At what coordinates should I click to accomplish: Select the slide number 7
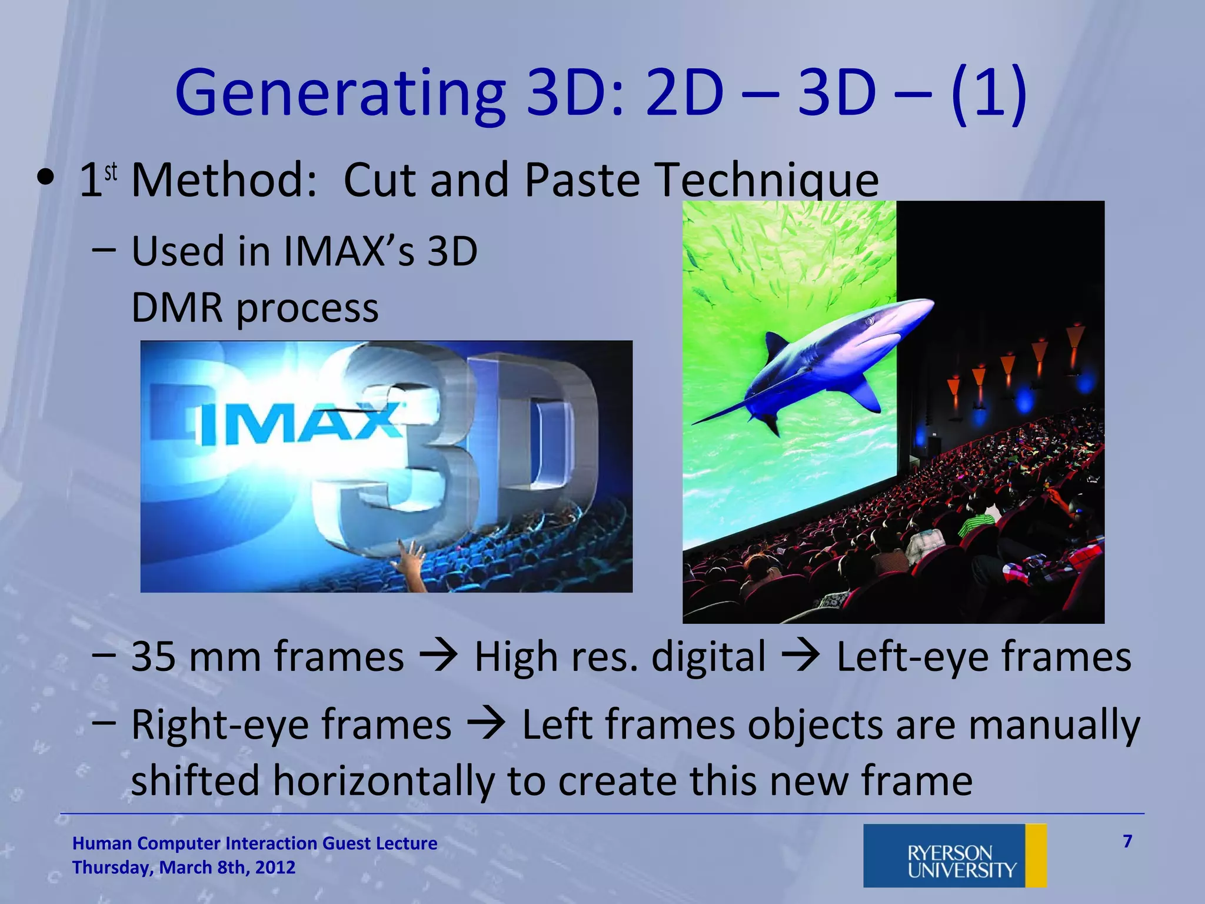click(x=1127, y=842)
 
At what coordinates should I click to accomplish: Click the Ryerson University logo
click(x=954, y=855)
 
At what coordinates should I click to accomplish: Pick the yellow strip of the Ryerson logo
click(x=1036, y=855)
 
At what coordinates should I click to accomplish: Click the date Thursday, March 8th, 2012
click(x=184, y=868)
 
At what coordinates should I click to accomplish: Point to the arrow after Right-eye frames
click(x=487, y=724)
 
